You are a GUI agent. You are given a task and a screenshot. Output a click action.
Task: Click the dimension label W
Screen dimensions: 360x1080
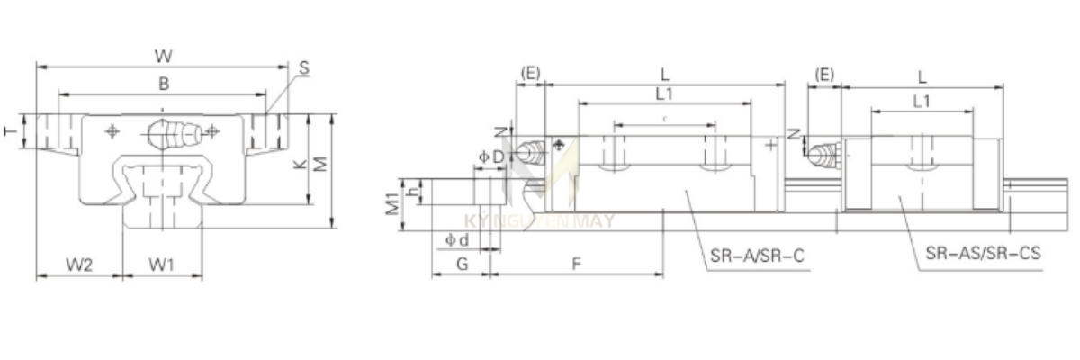tap(163, 56)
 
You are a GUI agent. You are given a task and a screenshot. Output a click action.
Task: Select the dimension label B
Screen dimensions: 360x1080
tap(163, 83)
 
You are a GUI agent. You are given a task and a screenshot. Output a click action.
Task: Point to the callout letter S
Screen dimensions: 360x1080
tap(303, 67)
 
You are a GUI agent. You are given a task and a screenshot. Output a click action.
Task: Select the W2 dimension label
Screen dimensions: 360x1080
tap(78, 265)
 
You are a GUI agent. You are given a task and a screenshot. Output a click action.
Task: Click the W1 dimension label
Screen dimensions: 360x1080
tap(162, 265)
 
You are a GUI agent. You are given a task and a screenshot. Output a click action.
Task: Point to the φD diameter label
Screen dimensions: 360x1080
tap(491, 157)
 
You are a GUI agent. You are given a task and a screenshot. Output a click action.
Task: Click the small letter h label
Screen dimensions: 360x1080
tap(412, 192)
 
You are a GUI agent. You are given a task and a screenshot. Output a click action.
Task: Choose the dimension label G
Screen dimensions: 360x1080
tap(461, 264)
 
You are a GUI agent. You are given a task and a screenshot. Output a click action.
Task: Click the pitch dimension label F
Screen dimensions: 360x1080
tap(576, 264)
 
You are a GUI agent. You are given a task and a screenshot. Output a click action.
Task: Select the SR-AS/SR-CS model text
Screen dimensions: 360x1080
tap(983, 255)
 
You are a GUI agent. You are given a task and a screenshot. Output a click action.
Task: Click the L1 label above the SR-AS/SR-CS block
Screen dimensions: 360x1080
tap(921, 102)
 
